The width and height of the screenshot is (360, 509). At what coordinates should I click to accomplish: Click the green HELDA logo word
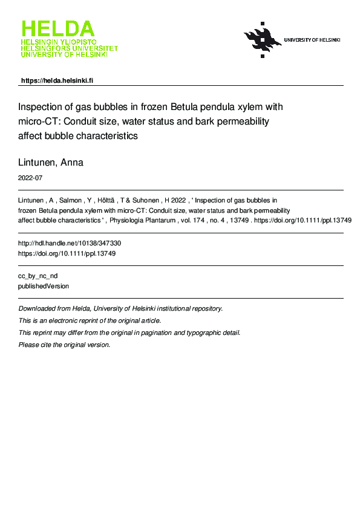click(x=58, y=29)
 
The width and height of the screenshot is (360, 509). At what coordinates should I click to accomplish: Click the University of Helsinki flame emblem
click(x=262, y=40)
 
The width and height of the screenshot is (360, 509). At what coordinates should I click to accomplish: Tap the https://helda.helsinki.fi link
click(x=57, y=80)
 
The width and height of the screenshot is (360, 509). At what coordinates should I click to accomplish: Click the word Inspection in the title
click(x=42, y=107)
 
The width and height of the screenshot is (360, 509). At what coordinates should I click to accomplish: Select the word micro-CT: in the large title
click(x=38, y=122)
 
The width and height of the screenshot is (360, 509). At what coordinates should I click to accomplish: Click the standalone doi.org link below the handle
click(x=67, y=254)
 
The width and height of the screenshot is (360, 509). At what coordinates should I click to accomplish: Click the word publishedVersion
click(x=44, y=287)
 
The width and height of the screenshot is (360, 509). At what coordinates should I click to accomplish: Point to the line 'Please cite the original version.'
click(x=65, y=345)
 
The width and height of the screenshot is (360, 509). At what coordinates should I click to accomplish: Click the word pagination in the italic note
click(x=155, y=332)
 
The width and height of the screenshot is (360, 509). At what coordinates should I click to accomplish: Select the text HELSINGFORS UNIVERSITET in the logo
click(x=70, y=48)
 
